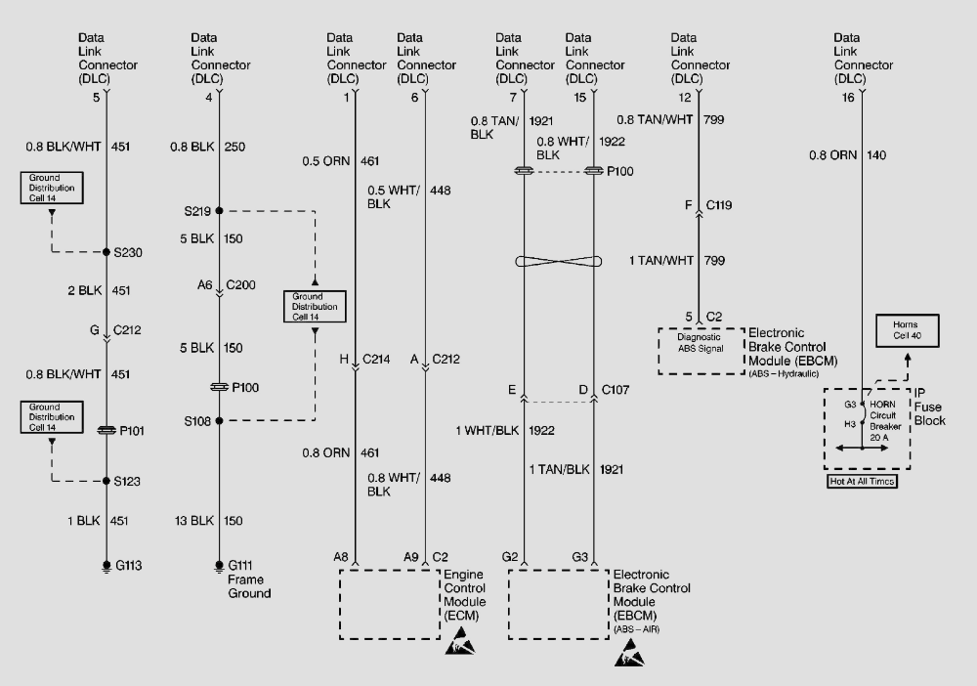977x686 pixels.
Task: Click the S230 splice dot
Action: click(x=106, y=252)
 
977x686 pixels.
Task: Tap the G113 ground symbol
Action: click(x=106, y=565)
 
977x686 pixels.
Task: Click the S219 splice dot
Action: click(x=219, y=210)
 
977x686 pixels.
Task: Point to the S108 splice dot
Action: click(x=219, y=421)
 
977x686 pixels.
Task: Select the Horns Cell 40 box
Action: click(x=908, y=330)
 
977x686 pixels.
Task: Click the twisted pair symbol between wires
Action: click(x=559, y=262)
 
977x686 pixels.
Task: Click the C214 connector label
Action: click(x=376, y=360)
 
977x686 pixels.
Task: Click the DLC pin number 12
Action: click(x=686, y=98)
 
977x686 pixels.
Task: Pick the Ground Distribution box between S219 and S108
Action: click(x=315, y=306)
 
